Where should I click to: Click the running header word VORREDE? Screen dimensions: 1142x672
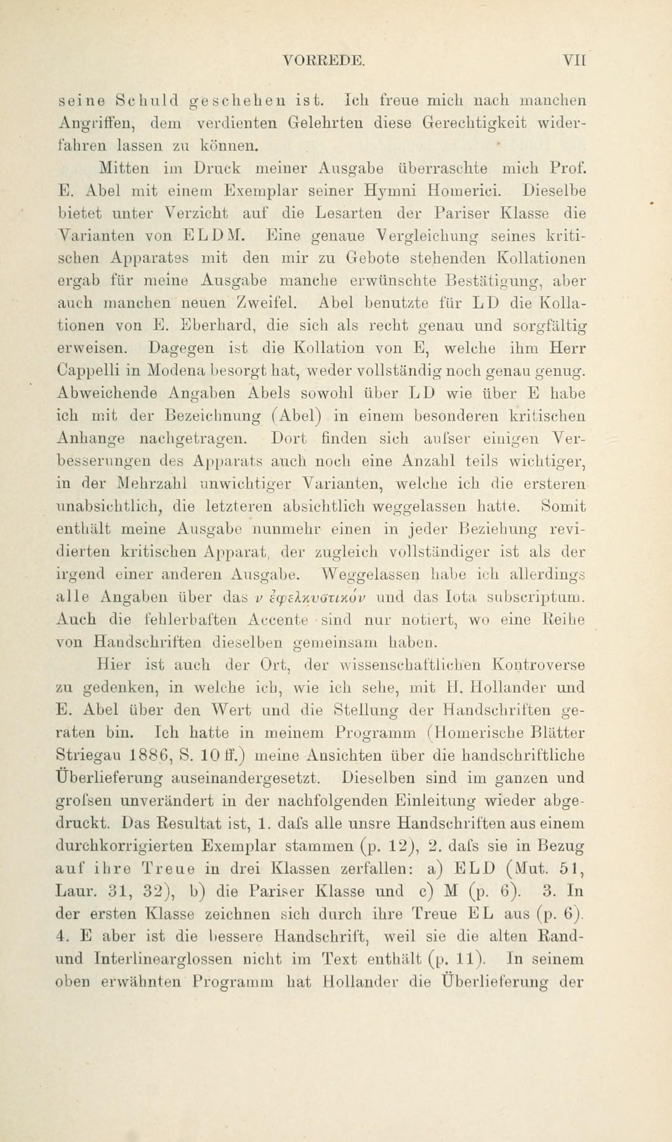coord(323,60)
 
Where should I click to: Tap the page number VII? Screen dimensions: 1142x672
coord(574,60)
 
